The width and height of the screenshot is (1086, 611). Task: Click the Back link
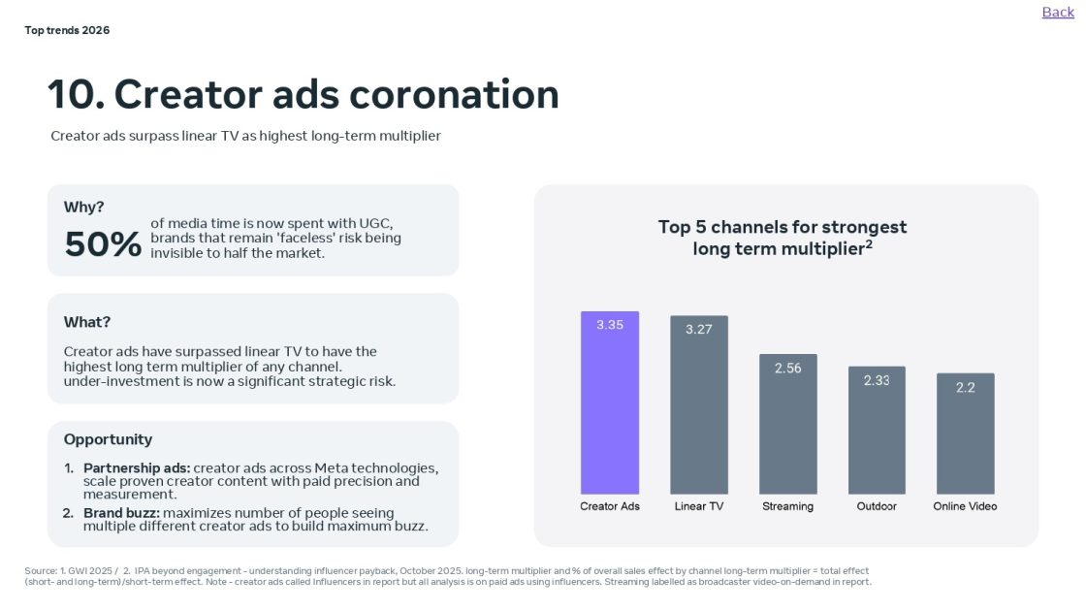click(1058, 12)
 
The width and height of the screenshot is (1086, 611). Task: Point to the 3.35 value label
click(610, 325)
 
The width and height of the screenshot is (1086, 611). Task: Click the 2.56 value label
click(787, 369)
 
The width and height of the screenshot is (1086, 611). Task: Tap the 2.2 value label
click(965, 388)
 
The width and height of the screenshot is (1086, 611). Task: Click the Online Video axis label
click(965, 506)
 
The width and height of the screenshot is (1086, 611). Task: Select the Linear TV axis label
click(698, 506)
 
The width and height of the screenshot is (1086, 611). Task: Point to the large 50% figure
click(103, 244)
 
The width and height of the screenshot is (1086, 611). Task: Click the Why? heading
click(83, 207)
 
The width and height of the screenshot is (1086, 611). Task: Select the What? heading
click(87, 322)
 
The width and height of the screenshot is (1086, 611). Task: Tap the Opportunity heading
click(108, 439)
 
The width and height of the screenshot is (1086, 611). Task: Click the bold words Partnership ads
click(136, 468)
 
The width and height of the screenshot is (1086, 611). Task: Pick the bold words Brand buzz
click(120, 513)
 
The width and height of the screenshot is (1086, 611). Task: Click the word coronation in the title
click(454, 95)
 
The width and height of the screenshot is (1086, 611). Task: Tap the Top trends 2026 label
click(67, 30)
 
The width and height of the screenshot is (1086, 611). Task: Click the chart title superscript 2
click(870, 243)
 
